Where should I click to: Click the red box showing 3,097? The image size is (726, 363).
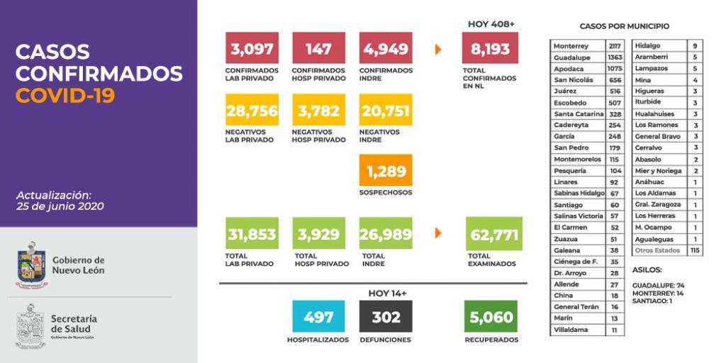(252, 48)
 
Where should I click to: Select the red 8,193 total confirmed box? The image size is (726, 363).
(490, 48)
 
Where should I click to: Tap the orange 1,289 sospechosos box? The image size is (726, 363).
(386, 170)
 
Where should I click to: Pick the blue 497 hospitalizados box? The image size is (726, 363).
(318, 316)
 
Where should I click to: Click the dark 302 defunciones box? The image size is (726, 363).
(386, 316)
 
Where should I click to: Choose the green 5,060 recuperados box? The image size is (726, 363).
(491, 316)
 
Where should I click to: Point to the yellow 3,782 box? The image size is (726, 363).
(318, 110)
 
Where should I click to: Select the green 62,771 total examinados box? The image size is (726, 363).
(494, 233)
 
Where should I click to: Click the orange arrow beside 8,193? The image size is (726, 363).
(438, 50)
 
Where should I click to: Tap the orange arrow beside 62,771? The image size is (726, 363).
(438, 233)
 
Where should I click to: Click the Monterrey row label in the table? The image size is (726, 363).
(571, 46)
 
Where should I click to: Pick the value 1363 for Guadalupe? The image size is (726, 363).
(615, 57)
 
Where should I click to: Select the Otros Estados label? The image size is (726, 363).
(657, 250)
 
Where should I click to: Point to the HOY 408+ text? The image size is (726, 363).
(491, 24)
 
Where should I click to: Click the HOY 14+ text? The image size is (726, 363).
(387, 293)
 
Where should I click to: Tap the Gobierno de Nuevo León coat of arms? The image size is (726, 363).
(31, 265)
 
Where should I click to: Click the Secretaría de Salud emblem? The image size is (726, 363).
(30, 326)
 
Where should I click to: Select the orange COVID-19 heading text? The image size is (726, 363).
(65, 96)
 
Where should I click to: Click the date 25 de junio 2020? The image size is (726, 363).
(60, 206)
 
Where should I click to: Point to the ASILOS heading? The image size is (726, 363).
(647, 269)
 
